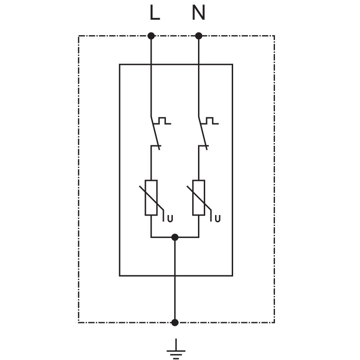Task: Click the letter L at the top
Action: [154, 13]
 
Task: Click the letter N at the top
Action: [198, 13]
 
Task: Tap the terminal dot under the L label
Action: [151, 36]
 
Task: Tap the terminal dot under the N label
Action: [198, 36]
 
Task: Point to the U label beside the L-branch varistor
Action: [170, 219]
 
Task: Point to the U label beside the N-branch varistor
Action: [217, 219]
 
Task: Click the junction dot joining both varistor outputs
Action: [175, 237]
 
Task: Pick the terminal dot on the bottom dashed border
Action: [175, 323]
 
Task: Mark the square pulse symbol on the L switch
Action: [162, 121]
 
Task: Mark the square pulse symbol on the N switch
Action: [210, 121]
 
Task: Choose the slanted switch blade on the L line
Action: [155, 133]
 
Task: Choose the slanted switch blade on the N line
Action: [203, 133]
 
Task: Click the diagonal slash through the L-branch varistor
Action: [152, 198]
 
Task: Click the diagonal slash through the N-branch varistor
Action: [199, 198]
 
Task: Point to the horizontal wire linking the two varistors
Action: [175, 237]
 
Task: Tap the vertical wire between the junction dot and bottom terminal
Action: [175, 280]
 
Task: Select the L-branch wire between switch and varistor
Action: [151, 163]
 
